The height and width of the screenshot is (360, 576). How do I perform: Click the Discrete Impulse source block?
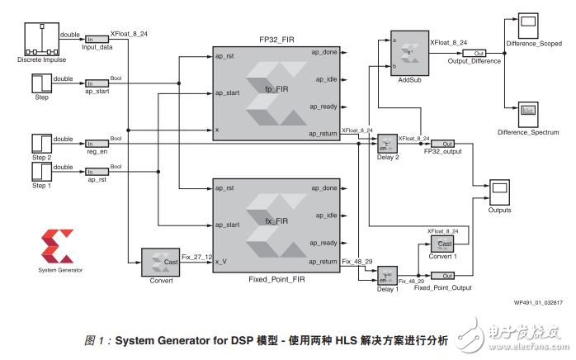40,39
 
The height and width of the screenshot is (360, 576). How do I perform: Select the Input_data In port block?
97,39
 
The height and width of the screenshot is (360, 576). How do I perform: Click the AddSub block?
404,56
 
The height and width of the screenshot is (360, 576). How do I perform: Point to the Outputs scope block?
499,191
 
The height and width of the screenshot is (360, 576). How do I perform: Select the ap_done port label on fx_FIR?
324,188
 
